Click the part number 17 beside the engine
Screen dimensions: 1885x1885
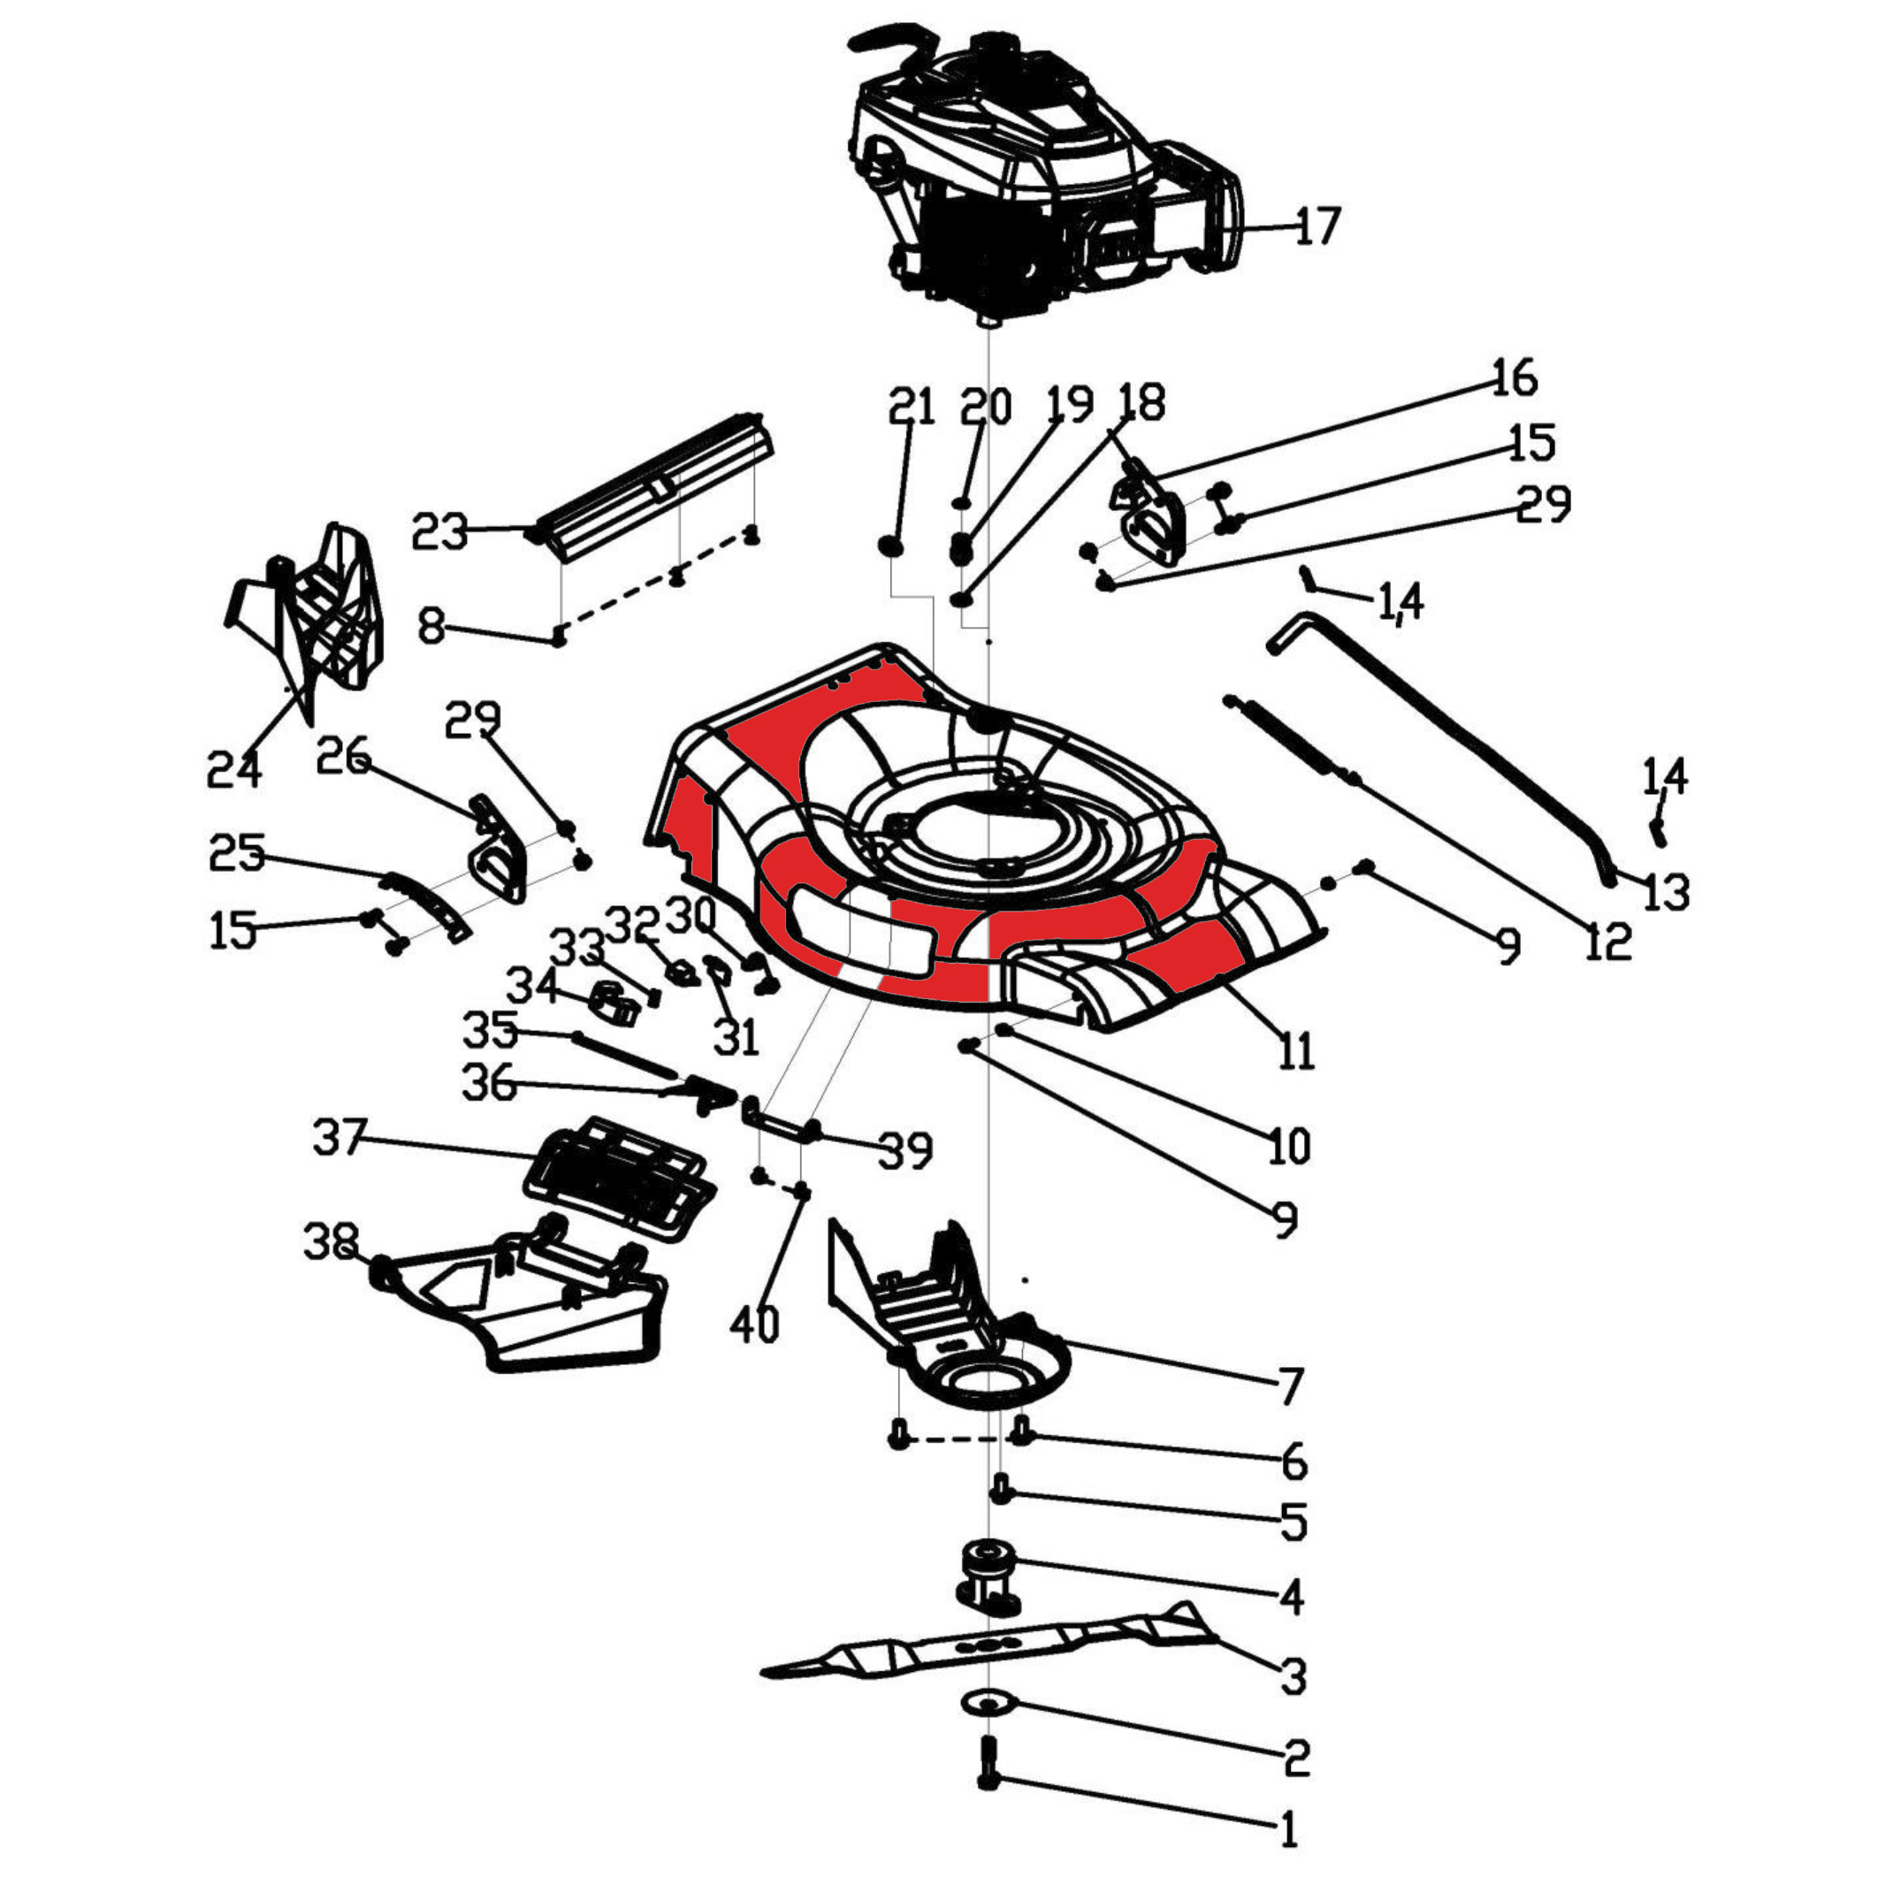pos(1318,226)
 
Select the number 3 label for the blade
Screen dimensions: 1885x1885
pos(1293,1676)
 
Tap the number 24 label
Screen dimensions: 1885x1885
pos(234,770)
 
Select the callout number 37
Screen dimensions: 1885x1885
pos(340,1138)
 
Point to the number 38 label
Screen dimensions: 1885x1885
pos(331,1241)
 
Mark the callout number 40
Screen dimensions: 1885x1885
pos(755,1324)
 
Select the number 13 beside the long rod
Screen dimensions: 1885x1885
pos(1666,892)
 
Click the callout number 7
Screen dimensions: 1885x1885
pos(1290,1385)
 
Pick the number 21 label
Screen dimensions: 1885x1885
pos(912,406)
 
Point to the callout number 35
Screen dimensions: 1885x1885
pos(490,1029)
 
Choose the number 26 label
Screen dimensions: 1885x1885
pos(343,756)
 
